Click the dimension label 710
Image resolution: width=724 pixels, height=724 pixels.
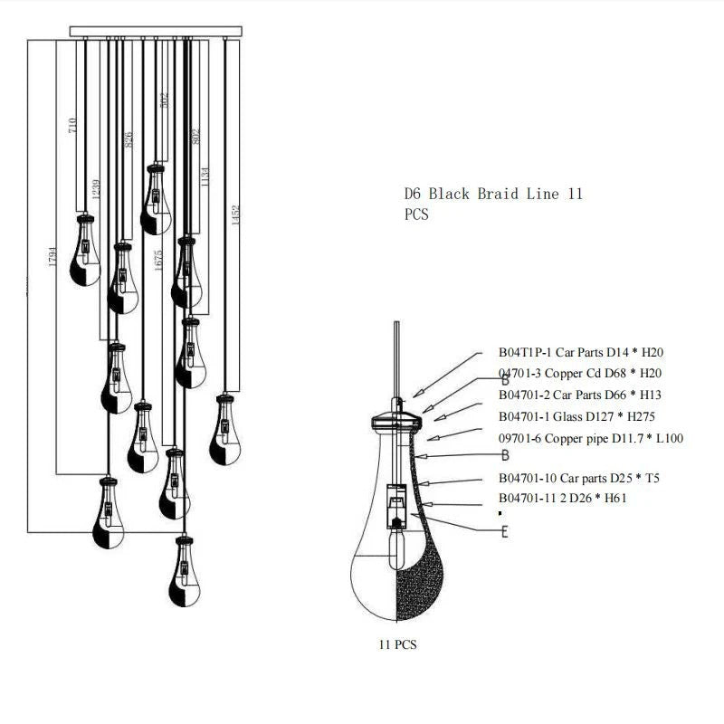[73, 126]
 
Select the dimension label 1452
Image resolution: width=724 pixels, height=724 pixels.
[236, 215]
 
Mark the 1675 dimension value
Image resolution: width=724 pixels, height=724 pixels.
[158, 260]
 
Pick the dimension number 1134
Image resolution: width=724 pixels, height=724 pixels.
[206, 177]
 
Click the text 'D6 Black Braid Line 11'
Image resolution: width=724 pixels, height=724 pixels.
[493, 194]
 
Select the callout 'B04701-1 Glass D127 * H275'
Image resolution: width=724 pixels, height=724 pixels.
[576, 416]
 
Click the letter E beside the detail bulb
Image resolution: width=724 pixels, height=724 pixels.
[504, 531]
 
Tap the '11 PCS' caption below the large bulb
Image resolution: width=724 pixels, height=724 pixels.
[397, 645]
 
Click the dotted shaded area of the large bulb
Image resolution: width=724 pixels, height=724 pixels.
[419, 561]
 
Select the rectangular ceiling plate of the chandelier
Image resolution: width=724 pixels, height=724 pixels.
[157, 32]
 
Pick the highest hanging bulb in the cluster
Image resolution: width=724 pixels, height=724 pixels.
[157, 199]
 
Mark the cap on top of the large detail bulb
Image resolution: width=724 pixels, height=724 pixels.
[396, 419]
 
